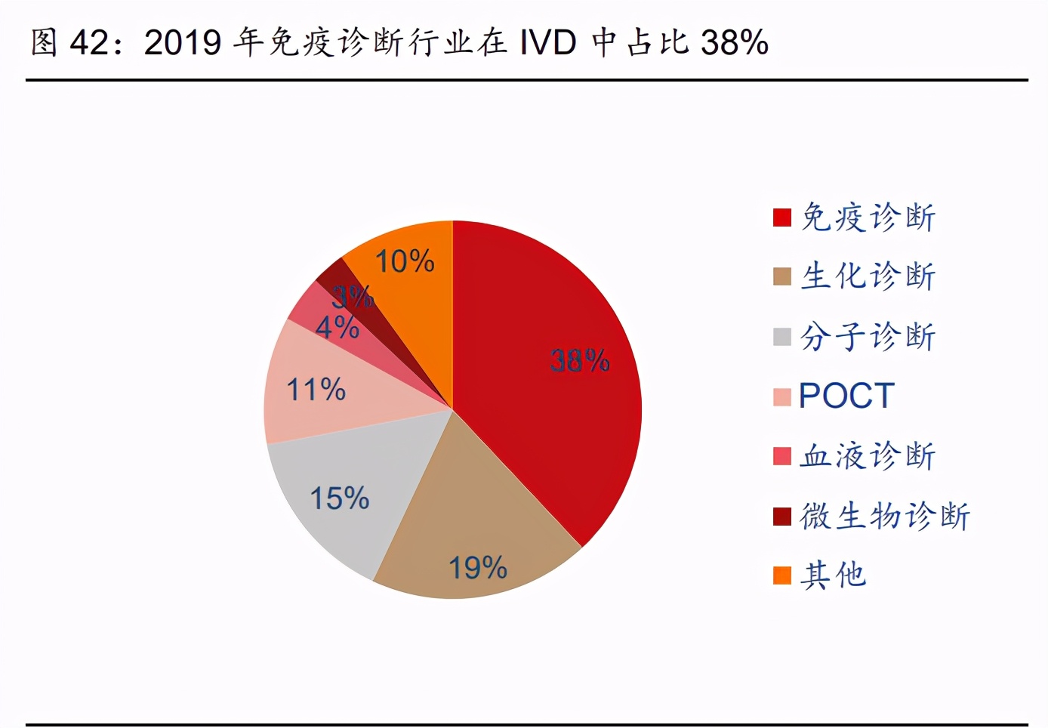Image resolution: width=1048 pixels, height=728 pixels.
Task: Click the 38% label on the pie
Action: click(x=580, y=360)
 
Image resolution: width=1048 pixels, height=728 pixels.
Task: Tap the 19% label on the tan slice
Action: click(x=478, y=567)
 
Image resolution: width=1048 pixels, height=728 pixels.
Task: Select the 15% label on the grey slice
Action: click(x=340, y=498)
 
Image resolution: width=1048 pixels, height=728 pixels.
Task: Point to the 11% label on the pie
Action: click(x=316, y=390)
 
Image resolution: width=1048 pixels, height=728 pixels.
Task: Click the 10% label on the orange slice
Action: click(x=405, y=261)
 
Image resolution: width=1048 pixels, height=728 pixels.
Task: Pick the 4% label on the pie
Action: click(x=337, y=327)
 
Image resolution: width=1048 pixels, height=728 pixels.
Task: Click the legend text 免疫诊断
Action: click(x=868, y=217)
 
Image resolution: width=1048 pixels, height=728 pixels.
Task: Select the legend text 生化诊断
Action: click(x=868, y=276)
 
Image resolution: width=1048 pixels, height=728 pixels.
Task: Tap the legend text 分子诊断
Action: click(x=868, y=336)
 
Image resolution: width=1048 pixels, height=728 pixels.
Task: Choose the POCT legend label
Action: click(x=846, y=396)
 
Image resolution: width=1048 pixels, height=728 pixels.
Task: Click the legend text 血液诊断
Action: click(x=868, y=456)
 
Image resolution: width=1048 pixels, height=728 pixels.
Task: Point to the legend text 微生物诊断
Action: click(x=885, y=516)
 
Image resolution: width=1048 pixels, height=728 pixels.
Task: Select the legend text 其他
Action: click(x=834, y=575)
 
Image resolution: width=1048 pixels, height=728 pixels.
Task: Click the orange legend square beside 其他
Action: click(x=782, y=575)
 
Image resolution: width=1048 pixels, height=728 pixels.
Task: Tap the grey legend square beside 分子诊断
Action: click(x=782, y=336)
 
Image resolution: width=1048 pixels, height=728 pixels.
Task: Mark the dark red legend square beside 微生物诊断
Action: click(x=782, y=516)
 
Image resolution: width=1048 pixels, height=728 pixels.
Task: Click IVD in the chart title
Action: click(x=548, y=42)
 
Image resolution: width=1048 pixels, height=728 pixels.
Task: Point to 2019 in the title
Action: click(x=182, y=42)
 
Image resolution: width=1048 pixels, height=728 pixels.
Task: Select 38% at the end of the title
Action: click(x=735, y=42)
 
